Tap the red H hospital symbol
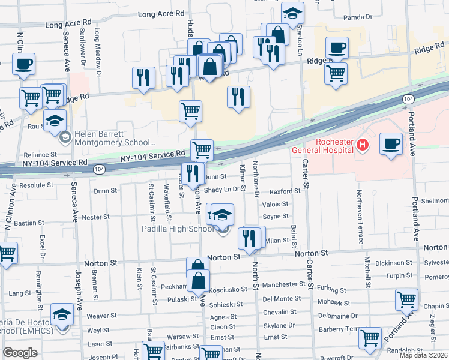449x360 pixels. click(362, 145)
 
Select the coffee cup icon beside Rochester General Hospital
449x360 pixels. click(391, 144)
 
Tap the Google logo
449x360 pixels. click(20, 353)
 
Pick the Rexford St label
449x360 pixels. click(285, 191)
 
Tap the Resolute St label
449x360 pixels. click(37, 186)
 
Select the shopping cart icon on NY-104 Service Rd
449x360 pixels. click(202, 149)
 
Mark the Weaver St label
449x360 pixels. click(101, 316)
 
